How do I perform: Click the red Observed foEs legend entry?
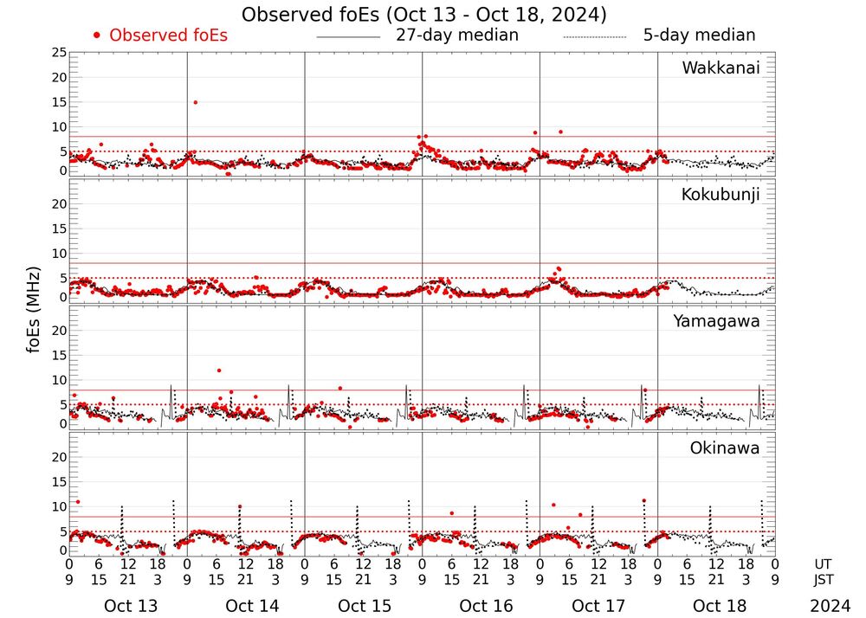160,35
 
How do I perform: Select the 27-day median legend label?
456,35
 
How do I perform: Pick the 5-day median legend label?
699,35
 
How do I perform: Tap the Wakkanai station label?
721,68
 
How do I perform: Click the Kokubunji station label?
721,195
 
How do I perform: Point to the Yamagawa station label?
716,322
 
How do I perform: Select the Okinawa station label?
724,448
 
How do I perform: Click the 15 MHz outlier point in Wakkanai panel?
196,102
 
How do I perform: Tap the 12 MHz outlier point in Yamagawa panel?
219,370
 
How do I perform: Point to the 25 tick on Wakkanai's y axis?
59,53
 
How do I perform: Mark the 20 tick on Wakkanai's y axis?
59,77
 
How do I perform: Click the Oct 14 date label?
252,606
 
